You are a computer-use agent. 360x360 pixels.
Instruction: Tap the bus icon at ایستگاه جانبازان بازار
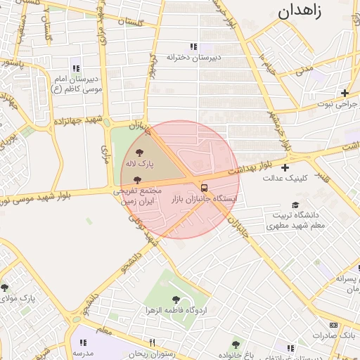click(x=205, y=188)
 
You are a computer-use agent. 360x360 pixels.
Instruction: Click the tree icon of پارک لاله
click(x=139, y=153)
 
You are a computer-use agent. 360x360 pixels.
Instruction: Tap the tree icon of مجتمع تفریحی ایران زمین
click(x=136, y=180)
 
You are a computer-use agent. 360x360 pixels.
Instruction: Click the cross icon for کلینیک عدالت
click(x=285, y=167)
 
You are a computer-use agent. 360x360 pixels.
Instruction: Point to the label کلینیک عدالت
click(x=285, y=178)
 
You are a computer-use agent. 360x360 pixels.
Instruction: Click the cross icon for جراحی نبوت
click(x=345, y=93)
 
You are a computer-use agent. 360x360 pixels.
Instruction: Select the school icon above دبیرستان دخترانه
click(x=193, y=46)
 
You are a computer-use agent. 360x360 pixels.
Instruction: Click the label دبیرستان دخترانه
click(x=193, y=56)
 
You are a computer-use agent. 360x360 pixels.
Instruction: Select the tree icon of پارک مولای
click(x=5, y=287)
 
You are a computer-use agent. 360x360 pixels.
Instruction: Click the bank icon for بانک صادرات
click(x=333, y=325)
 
